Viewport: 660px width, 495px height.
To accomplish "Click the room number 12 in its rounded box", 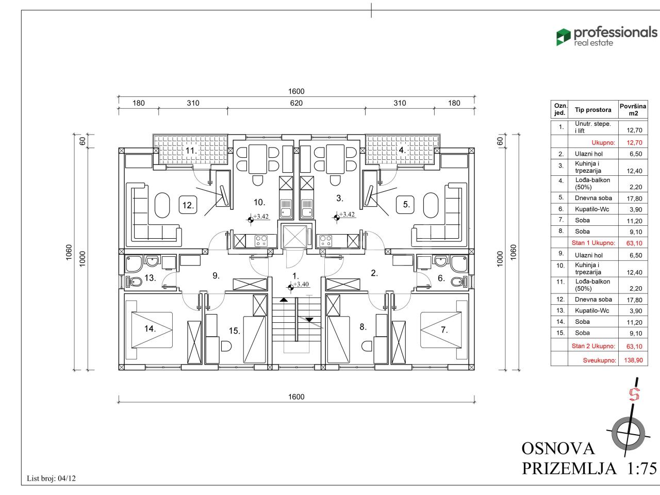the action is tap(188, 205).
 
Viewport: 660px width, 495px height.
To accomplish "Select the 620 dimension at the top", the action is tap(296, 103).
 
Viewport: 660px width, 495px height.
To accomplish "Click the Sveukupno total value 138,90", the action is tap(633, 360).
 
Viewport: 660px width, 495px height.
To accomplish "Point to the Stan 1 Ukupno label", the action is tap(593, 243).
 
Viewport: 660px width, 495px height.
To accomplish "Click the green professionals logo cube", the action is tap(563, 37).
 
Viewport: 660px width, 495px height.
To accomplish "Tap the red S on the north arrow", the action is tap(634, 394).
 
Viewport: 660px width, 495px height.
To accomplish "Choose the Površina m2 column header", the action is tap(633, 110).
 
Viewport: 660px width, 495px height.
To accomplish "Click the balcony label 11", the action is tap(191, 150).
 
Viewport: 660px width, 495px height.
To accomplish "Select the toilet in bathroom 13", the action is tap(134, 282).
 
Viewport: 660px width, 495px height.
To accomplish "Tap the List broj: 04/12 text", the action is tap(51, 478).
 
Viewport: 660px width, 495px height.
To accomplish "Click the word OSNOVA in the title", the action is tap(558, 449).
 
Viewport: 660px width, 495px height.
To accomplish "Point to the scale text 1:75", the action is tap(642, 468).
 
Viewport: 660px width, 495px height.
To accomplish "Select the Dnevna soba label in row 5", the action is tap(593, 198).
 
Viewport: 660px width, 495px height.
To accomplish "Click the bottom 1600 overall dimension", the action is tap(296, 397).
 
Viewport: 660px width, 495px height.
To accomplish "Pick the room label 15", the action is tap(235, 331).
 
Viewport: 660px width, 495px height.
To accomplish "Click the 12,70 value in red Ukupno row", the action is tap(634, 142).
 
